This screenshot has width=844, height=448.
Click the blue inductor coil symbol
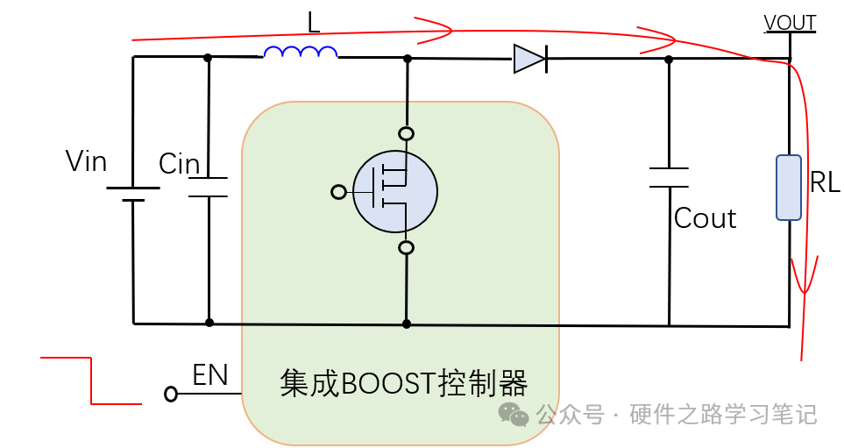pyautogui.click(x=301, y=53)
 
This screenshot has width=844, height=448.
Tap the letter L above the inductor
pyautogui.click(x=313, y=22)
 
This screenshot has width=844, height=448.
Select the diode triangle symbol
pyautogui.click(x=529, y=60)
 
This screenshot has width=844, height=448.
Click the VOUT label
pyautogui.click(x=790, y=23)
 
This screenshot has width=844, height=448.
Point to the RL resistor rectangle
pyautogui.click(x=788, y=188)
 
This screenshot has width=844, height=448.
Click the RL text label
pyautogui.click(x=825, y=182)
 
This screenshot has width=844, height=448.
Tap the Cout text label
pyautogui.click(x=705, y=218)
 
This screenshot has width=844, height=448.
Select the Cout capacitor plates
pyautogui.click(x=669, y=178)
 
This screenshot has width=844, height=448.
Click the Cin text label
pyautogui.click(x=179, y=164)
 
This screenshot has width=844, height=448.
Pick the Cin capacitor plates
pyautogui.click(x=209, y=187)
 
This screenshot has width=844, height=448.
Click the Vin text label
pyautogui.click(x=86, y=161)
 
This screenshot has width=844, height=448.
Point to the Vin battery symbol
pyautogui.click(x=133, y=194)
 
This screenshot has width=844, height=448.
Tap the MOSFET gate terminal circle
pyautogui.click(x=339, y=192)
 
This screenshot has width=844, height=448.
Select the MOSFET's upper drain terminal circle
pyautogui.click(x=406, y=134)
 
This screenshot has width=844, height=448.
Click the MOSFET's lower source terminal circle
pyautogui.click(x=406, y=248)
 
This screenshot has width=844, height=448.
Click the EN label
pyautogui.click(x=210, y=376)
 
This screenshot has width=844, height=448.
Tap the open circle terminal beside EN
pyautogui.click(x=171, y=395)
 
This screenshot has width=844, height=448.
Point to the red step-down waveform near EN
pyautogui.click(x=90, y=380)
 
